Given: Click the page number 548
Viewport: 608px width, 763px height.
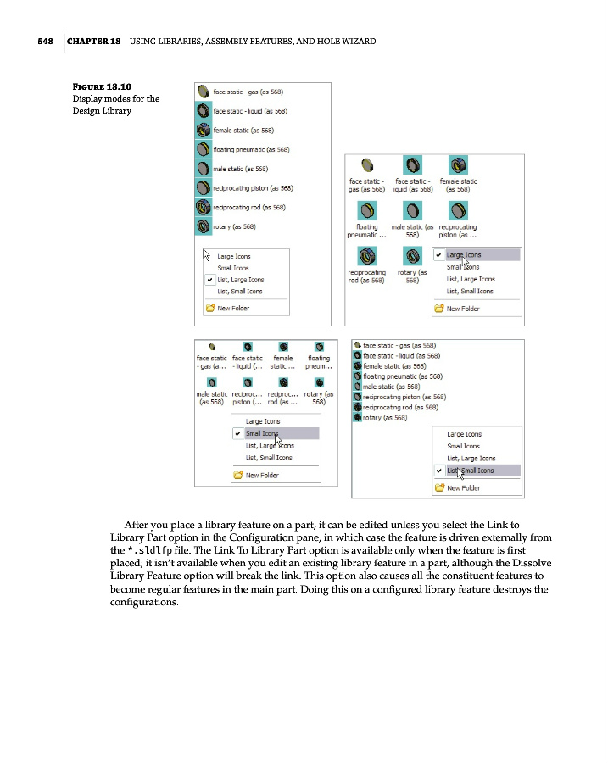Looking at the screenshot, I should (46, 41).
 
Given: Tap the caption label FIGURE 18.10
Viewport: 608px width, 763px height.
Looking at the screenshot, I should (102, 86).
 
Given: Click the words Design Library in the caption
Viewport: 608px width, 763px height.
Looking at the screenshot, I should (102, 110).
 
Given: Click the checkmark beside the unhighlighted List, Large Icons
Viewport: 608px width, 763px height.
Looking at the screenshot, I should (209, 280).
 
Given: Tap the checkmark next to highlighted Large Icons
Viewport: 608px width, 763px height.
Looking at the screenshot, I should (438, 254).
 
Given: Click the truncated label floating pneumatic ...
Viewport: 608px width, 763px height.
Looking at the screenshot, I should (366, 231).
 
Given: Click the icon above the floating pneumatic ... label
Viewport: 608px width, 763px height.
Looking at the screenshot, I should (367, 209).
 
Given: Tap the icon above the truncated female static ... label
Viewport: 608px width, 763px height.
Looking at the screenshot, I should (282, 346).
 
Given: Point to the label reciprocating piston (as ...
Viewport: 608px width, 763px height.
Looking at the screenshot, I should (457, 231).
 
